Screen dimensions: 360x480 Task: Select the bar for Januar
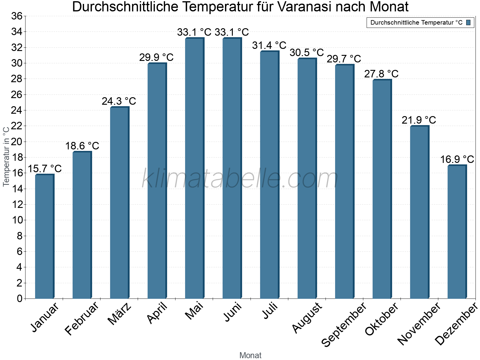[x=44, y=237]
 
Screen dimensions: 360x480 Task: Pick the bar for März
[x=119, y=203]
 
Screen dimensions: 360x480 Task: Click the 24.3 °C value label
[x=119, y=101]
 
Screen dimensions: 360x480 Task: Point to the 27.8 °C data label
[x=381, y=74]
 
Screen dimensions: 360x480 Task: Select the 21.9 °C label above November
[x=419, y=120]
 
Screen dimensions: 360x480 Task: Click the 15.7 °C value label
[x=45, y=169]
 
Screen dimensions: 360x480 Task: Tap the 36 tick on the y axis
[x=17, y=16]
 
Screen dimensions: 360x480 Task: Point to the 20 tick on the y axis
[x=17, y=142]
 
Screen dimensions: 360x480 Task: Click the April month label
[x=157, y=313]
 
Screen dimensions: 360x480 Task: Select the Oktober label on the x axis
[x=382, y=319]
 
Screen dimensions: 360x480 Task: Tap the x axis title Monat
[x=250, y=355]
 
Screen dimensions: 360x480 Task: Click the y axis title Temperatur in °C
[x=6, y=156]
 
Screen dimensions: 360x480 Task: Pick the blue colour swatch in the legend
[x=468, y=22]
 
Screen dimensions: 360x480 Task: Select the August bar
[x=307, y=178]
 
